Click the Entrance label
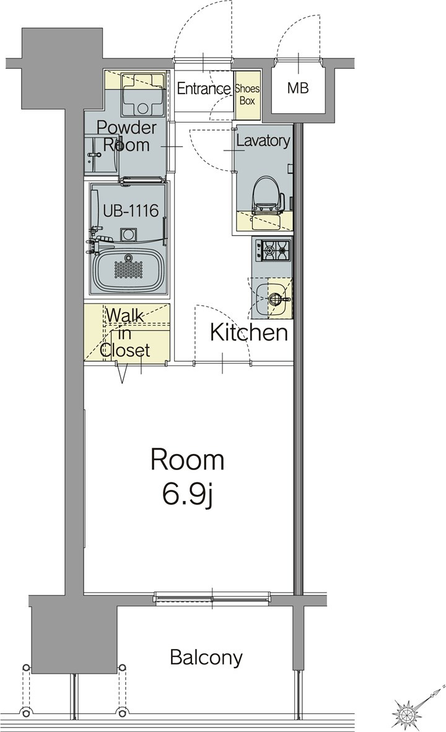click(204, 89)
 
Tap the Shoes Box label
click(247, 94)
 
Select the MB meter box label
click(298, 88)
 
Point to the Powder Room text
click(126, 136)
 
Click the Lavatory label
click(263, 141)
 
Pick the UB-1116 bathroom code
click(131, 210)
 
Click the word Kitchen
click(249, 333)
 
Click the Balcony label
click(206, 657)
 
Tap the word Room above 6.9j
click(188, 460)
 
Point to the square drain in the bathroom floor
click(128, 235)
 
